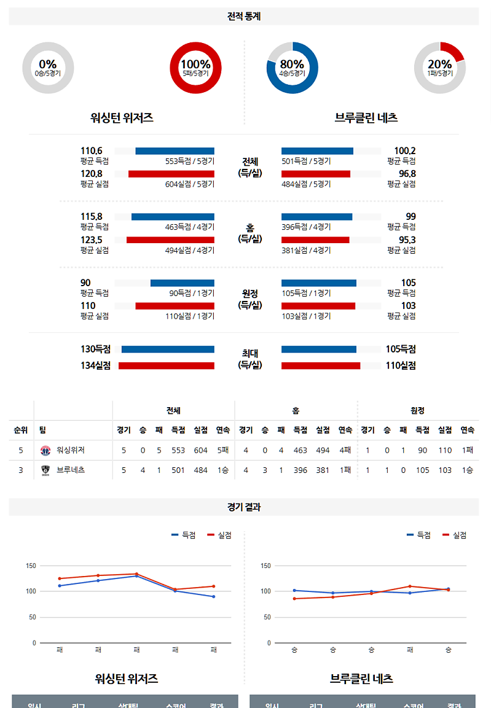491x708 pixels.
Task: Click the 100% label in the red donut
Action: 195,64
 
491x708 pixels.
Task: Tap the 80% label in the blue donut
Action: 292,64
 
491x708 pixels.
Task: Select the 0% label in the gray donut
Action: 47,64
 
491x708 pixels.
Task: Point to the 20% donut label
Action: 440,64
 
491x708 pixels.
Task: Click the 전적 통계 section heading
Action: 244,17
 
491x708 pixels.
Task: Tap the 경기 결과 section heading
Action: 244,507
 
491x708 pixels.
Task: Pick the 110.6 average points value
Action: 92,150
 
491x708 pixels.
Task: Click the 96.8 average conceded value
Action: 406,174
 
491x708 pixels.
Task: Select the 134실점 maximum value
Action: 95,365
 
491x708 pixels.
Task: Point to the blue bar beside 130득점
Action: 168,349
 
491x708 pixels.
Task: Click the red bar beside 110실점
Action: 321,365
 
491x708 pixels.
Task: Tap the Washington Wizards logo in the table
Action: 45,451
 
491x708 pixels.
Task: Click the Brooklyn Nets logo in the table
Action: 45,470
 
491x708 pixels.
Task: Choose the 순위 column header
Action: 21,430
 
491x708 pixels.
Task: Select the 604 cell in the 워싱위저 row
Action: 200,451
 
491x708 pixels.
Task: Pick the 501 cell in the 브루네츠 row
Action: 178,470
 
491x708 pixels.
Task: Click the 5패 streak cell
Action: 223,451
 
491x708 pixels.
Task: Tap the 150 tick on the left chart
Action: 30,566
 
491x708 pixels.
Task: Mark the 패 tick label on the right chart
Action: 410,650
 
